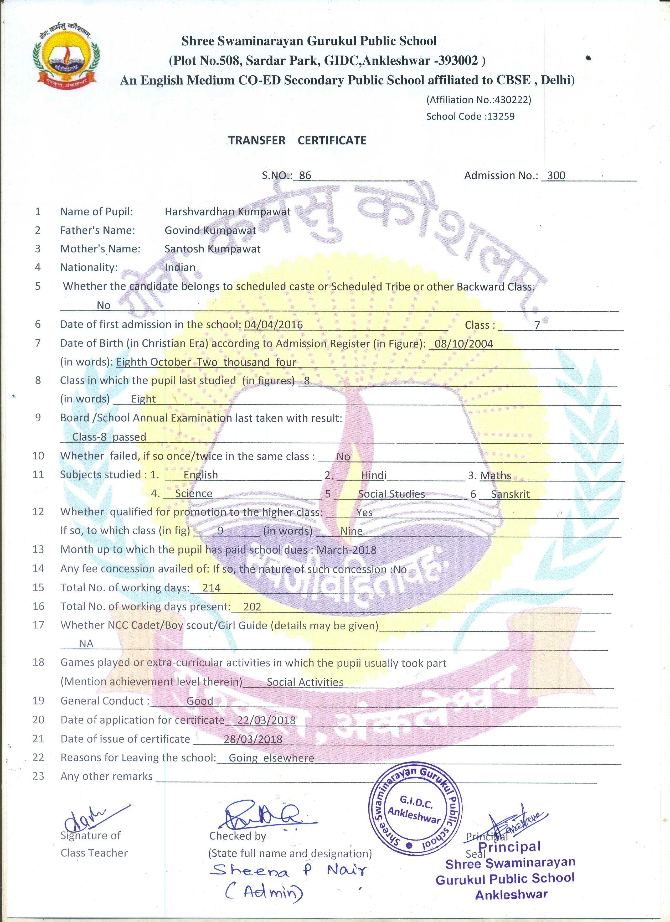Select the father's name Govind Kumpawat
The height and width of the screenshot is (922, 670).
[x=210, y=231]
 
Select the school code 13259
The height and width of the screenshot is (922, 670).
[x=501, y=116]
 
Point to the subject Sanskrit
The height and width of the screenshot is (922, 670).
[x=510, y=494]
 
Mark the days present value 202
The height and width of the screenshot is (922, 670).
[x=252, y=607]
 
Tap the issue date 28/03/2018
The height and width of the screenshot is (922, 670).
[x=253, y=739]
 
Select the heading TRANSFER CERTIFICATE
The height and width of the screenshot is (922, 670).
[x=297, y=141]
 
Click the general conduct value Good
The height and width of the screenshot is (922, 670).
[x=200, y=701]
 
